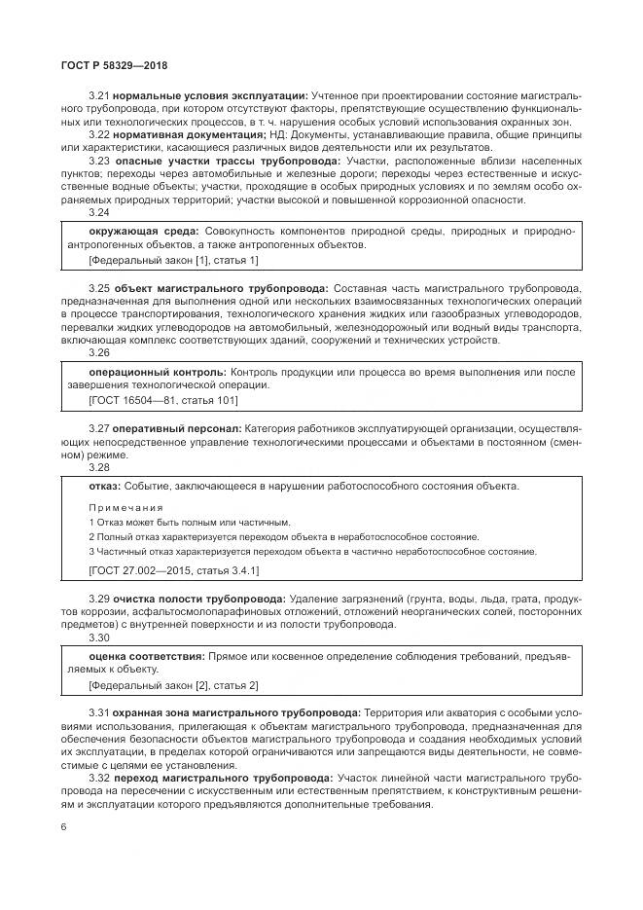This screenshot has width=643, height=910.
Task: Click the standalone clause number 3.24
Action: pyautogui.click(x=99, y=211)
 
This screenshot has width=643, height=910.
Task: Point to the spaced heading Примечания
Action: pyautogui.click(x=126, y=508)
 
